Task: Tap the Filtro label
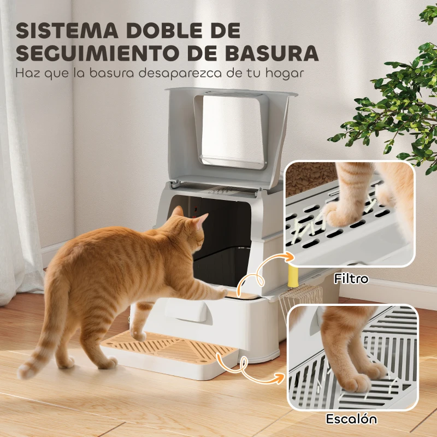click(x=352, y=279)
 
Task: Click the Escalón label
click(x=352, y=420)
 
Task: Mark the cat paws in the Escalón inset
click(x=358, y=377)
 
